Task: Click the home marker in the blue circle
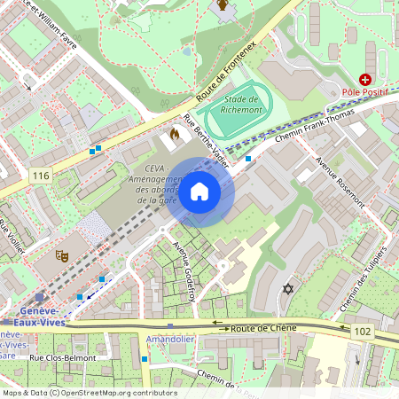click(199, 192)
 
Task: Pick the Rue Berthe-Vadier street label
click(206, 141)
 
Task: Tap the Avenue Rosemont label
click(340, 183)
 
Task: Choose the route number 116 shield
click(39, 176)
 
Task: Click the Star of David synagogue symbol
click(286, 289)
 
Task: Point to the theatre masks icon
click(62, 256)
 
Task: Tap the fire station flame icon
click(174, 135)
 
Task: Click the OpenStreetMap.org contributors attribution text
click(116, 392)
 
